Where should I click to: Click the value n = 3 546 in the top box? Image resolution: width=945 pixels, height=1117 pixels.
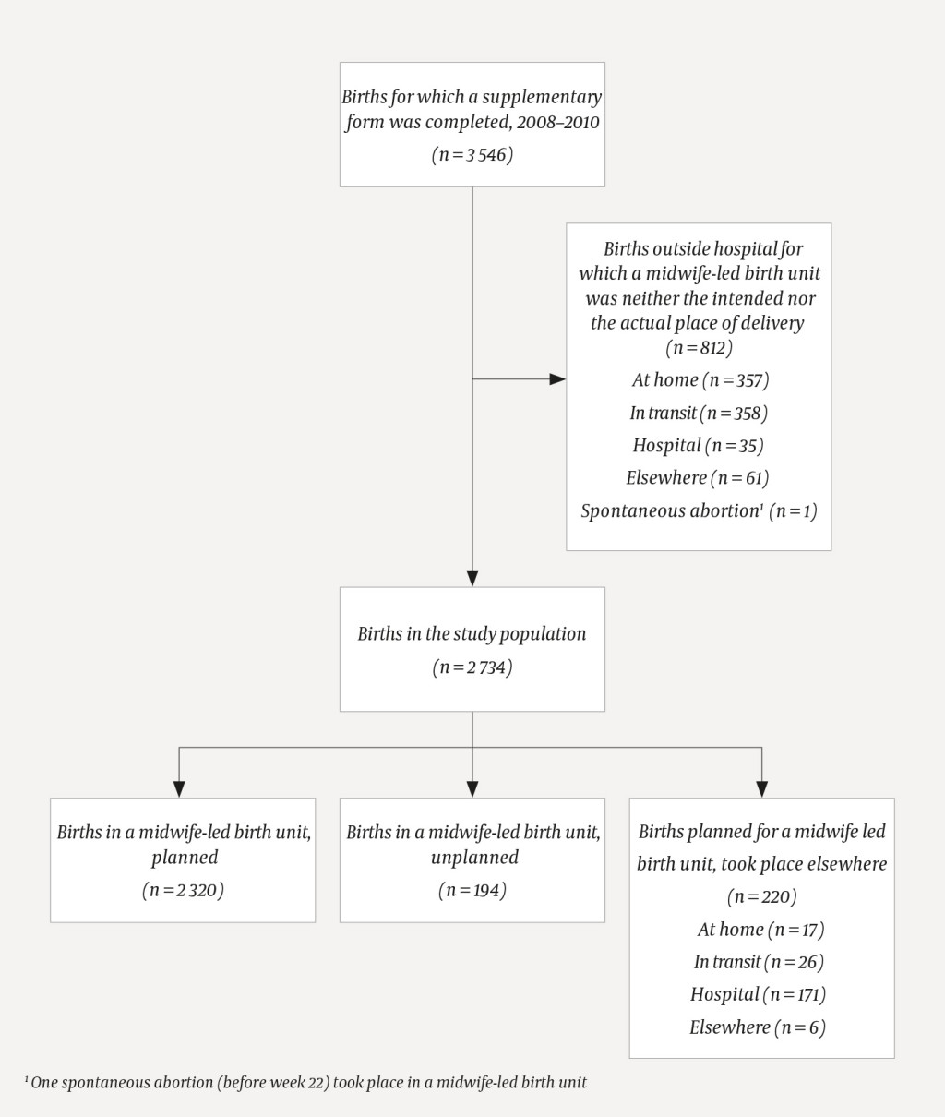pyautogui.click(x=472, y=155)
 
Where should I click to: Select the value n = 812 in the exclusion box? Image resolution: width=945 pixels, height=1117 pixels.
pyautogui.click(x=699, y=348)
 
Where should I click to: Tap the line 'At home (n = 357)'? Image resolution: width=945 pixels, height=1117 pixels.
pyautogui.click(x=700, y=380)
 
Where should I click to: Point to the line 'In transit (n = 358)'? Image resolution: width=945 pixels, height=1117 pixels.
pyautogui.click(x=699, y=413)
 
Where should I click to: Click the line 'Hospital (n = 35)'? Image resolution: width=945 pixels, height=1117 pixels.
pyautogui.click(x=698, y=446)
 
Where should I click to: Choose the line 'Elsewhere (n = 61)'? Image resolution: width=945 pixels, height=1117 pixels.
pyautogui.click(x=698, y=478)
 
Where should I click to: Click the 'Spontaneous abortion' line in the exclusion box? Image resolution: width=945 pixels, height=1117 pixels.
pyautogui.click(x=699, y=511)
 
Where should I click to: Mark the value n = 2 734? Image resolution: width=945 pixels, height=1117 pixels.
pyautogui.click(x=472, y=667)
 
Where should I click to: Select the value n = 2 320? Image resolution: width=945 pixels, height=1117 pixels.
pyautogui.click(x=183, y=891)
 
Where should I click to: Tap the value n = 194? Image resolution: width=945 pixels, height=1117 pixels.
pyautogui.click(x=472, y=891)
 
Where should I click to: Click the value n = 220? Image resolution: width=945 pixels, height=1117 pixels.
pyautogui.click(x=761, y=896)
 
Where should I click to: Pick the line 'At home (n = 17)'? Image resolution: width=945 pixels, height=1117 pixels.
pyautogui.click(x=761, y=930)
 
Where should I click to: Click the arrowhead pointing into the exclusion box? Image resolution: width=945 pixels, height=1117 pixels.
pyautogui.click(x=557, y=379)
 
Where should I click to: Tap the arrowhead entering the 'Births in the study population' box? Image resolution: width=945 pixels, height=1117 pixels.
pyautogui.click(x=472, y=578)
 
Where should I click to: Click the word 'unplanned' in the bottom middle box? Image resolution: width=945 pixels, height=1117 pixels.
pyautogui.click(x=474, y=858)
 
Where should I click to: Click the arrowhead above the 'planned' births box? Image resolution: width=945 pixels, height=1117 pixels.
pyautogui.click(x=179, y=788)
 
